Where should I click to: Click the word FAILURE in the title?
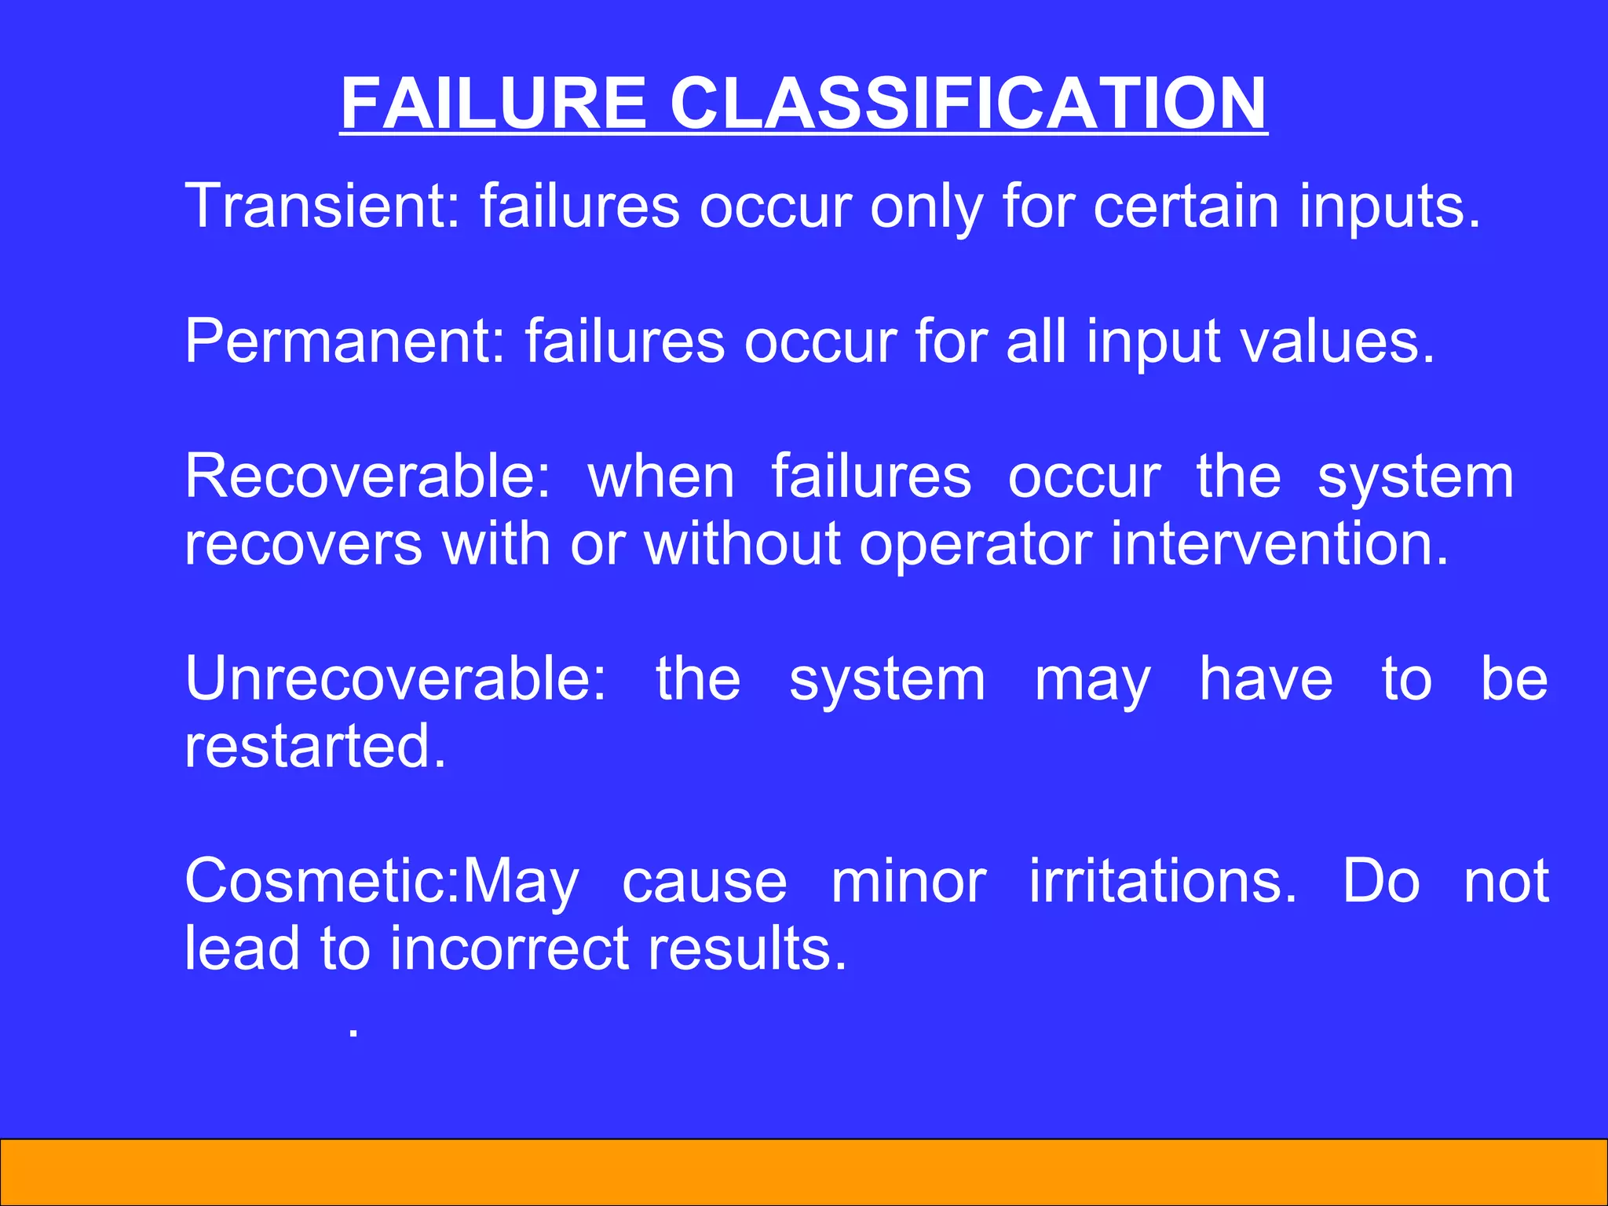point(494,104)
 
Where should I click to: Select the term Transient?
point(315,206)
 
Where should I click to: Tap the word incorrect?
point(511,948)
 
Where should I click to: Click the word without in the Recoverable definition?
point(743,543)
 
